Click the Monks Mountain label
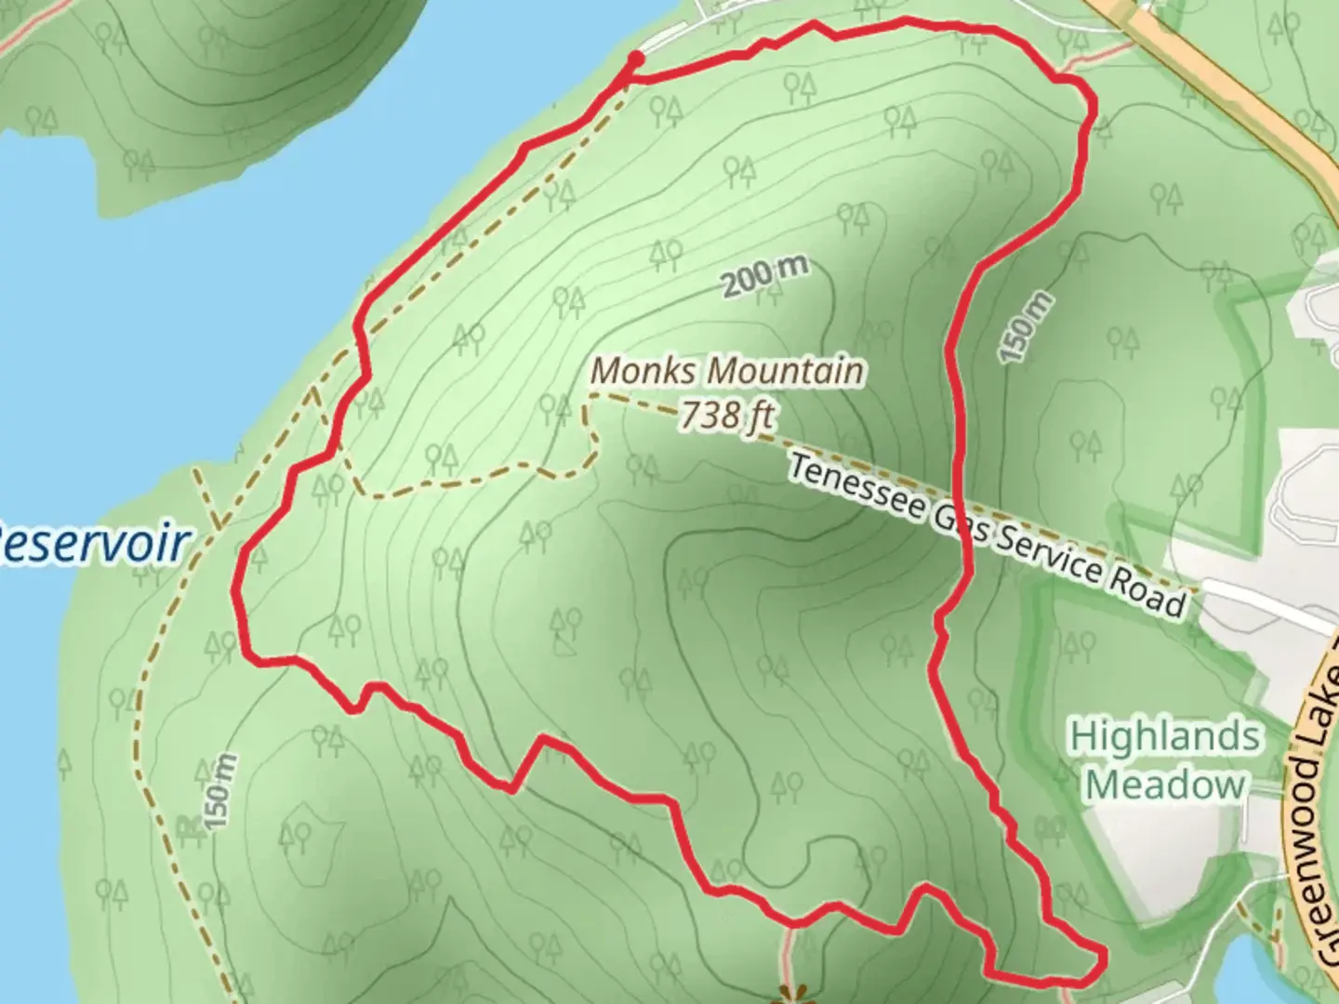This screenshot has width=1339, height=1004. pos(727,371)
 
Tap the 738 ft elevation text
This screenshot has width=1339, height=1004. pos(727,415)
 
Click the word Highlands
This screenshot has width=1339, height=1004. pos(1165,737)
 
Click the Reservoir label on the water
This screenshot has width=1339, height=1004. pos(93,544)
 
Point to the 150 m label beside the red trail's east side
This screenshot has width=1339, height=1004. pos(1027,327)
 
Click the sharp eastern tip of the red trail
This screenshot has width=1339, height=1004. pos(1105,954)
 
